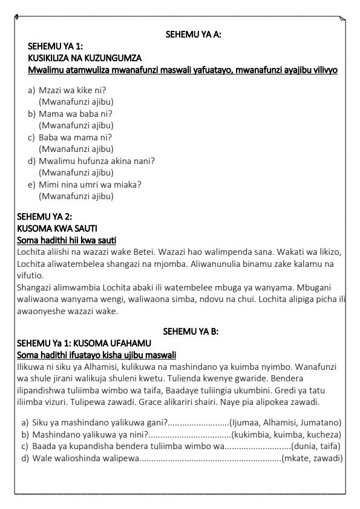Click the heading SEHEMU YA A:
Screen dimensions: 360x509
point(193,35)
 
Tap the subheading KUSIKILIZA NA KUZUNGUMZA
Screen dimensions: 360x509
point(85,58)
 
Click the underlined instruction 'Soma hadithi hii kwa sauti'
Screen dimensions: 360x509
point(67,240)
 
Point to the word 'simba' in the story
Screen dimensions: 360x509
point(184,300)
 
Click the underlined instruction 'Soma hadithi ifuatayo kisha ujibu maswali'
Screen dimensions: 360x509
point(97,355)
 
